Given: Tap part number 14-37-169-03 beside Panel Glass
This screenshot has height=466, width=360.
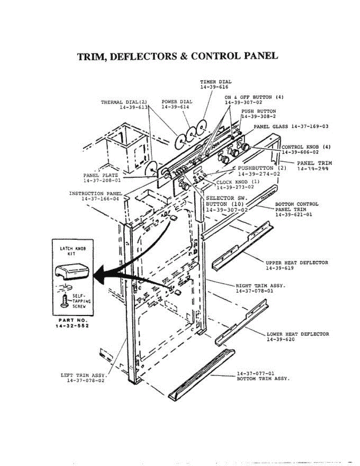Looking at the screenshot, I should click(310, 127).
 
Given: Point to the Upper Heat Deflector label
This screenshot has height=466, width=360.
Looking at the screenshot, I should click(297, 263).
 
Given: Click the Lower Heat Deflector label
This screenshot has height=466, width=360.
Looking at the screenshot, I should click(297, 334).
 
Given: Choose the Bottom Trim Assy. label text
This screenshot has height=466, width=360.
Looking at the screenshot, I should click(263, 378).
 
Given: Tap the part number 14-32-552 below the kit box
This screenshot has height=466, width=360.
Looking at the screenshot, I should click(72, 326).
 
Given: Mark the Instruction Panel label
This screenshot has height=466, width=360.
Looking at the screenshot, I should click(95, 193).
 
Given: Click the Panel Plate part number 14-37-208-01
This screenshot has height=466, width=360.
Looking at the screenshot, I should click(102, 180).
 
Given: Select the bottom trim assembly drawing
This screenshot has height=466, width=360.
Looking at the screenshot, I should click(202, 373).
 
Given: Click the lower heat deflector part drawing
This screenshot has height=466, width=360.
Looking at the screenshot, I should click(242, 322).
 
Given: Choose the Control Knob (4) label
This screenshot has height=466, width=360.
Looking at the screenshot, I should click(306, 147).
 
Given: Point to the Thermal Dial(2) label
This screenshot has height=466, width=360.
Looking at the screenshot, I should click(124, 102).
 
